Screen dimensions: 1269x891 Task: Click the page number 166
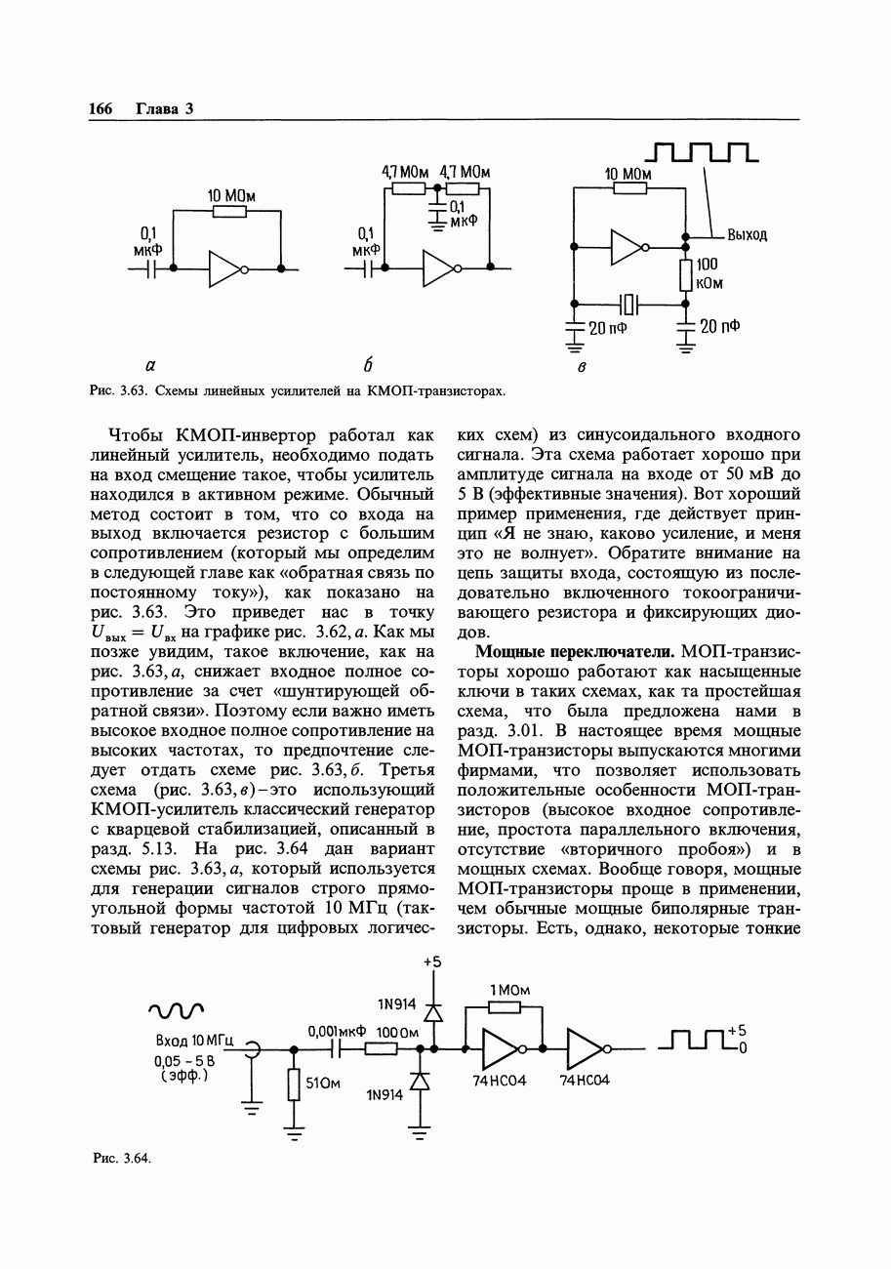click(x=101, y=108)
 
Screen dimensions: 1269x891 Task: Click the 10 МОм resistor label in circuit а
click(x=230, y=195)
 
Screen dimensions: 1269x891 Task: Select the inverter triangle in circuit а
click(x=225, y=268)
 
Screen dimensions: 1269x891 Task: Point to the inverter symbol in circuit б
click(x=439, y=268)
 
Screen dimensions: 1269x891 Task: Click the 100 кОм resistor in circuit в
click(x=685, y=275)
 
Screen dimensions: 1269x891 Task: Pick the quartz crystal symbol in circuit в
click(x=628, y=304)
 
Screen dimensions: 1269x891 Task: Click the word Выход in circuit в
click(x=747, y=235)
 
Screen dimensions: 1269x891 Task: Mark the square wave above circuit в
click(x=702, y=152)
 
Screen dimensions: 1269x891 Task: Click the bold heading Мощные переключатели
click(x=575, y=652)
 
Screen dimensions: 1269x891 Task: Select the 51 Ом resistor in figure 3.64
click(x=293, y=1085)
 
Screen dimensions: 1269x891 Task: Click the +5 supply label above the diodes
click(x=431, y=962)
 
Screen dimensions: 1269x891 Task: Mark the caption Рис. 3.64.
click(x=121, y=1159)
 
